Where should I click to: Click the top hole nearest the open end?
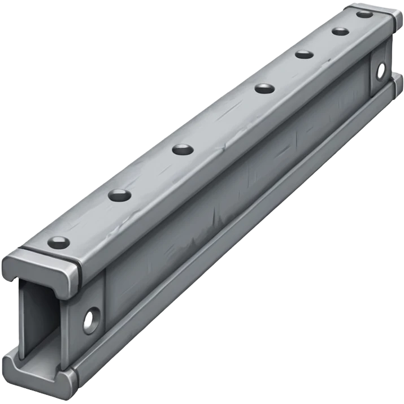pyautogui.click(x=59, y=243)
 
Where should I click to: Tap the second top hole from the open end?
pyautogui.click(x=120, y=196)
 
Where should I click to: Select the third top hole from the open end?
pyautogui.click(x=183, y=150)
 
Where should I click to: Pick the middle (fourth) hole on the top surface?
pyautogui.click(x=264, y=88)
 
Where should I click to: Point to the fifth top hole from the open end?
pyautogui.click(x=304, y=55)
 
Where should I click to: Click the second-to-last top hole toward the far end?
pyautogui.click(x=340, y=31)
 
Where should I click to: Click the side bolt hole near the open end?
pyautogui.click(x=90, y=320)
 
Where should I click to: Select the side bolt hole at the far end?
pyautogui.click(x=381, y=70)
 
